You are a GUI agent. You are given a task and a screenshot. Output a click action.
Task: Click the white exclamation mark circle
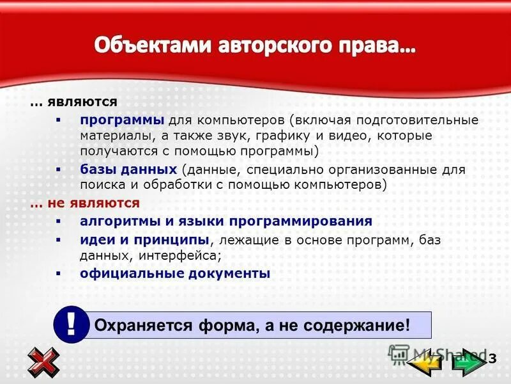71,324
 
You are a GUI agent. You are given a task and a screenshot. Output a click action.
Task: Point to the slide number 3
492,356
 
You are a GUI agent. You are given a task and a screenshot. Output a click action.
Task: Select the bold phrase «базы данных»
128,170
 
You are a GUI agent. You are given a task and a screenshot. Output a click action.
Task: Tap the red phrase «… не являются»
84,203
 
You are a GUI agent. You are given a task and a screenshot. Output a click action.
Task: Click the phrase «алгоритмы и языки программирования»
225,221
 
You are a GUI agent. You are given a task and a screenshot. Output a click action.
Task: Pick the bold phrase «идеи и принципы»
144,239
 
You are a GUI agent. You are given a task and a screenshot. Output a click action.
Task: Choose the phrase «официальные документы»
175,273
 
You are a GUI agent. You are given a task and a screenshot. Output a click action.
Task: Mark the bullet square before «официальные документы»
58,273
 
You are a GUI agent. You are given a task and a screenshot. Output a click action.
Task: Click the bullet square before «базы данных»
58,170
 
